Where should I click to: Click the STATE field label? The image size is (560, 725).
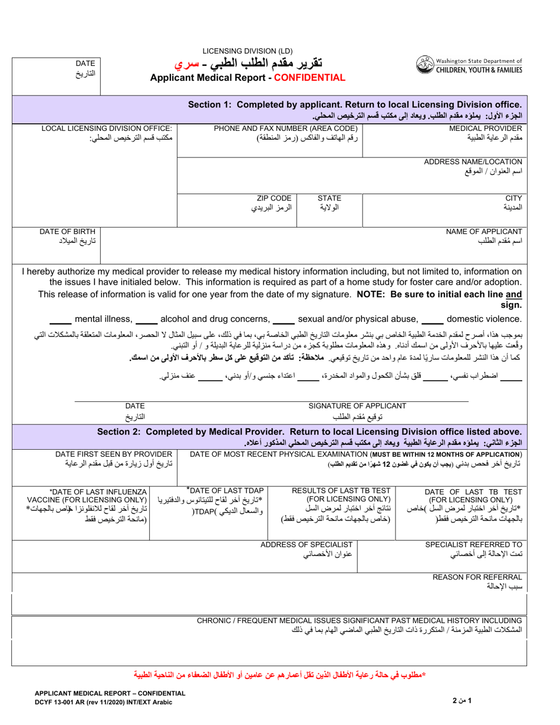pos(330,199)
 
